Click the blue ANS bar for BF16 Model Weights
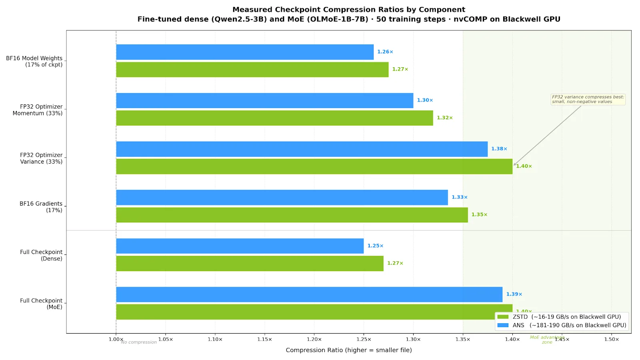pos(245,52)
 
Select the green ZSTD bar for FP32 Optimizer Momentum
pos(274,118)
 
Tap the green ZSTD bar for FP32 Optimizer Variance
pos(314,166)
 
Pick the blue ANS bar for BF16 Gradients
pos(282,197)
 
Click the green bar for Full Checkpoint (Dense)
pos(250,263)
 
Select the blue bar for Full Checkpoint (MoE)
pos(309,294)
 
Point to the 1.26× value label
pos(385,52)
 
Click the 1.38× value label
pos(499,149)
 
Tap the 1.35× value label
pos(479,215)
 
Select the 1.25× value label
pos(375,246)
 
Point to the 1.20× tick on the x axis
pos(314,339)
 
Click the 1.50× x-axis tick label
pos(611,339)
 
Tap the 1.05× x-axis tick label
pos(166,339)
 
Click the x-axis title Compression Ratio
pos(348,350)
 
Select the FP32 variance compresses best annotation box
pos(588,99)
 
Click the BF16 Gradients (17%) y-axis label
pos(41,207)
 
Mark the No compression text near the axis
pos(139,342)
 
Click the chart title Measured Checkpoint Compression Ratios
pos(348,10)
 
